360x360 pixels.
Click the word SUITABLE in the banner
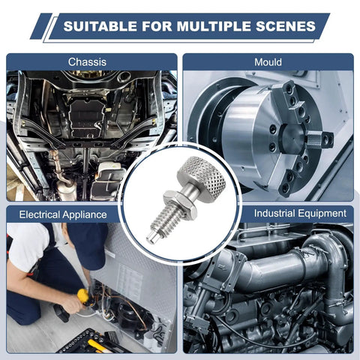click(100, 26)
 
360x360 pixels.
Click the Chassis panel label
click(87, 62)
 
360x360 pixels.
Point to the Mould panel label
click(268, 62)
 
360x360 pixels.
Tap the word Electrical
click(39, 214)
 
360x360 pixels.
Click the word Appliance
click(85, 215)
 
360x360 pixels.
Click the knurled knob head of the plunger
click(202, 178)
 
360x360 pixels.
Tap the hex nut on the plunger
click(180, 203)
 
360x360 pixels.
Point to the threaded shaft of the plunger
click(166, 219)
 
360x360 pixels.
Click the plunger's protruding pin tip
click(151, 237)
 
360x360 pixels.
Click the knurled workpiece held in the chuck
click(314, 140)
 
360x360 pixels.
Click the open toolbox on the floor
click(90, 343)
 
